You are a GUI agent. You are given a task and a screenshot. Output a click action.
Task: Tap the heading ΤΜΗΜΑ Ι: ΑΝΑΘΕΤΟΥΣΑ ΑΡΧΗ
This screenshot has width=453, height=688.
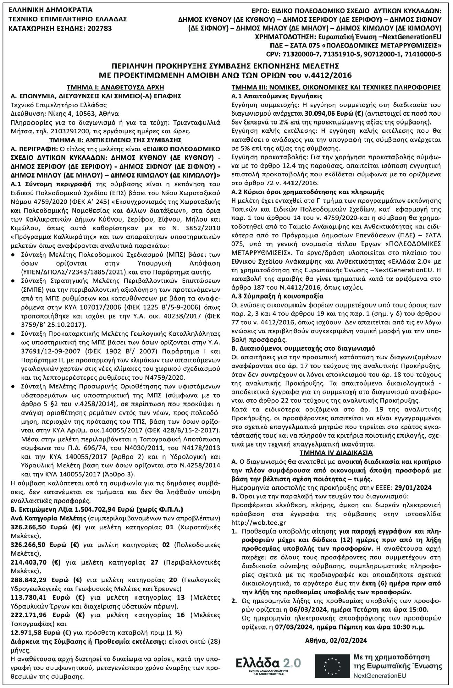[115, 87]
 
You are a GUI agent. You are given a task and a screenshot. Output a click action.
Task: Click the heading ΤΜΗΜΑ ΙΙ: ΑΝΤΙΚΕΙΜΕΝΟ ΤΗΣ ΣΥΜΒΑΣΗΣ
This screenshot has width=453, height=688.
[115, 140]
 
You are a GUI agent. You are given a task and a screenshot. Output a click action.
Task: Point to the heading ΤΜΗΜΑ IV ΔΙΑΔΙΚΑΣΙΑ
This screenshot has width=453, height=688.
[336, 453]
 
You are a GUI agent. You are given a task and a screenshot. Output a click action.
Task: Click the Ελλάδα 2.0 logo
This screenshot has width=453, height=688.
[268, 663]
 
